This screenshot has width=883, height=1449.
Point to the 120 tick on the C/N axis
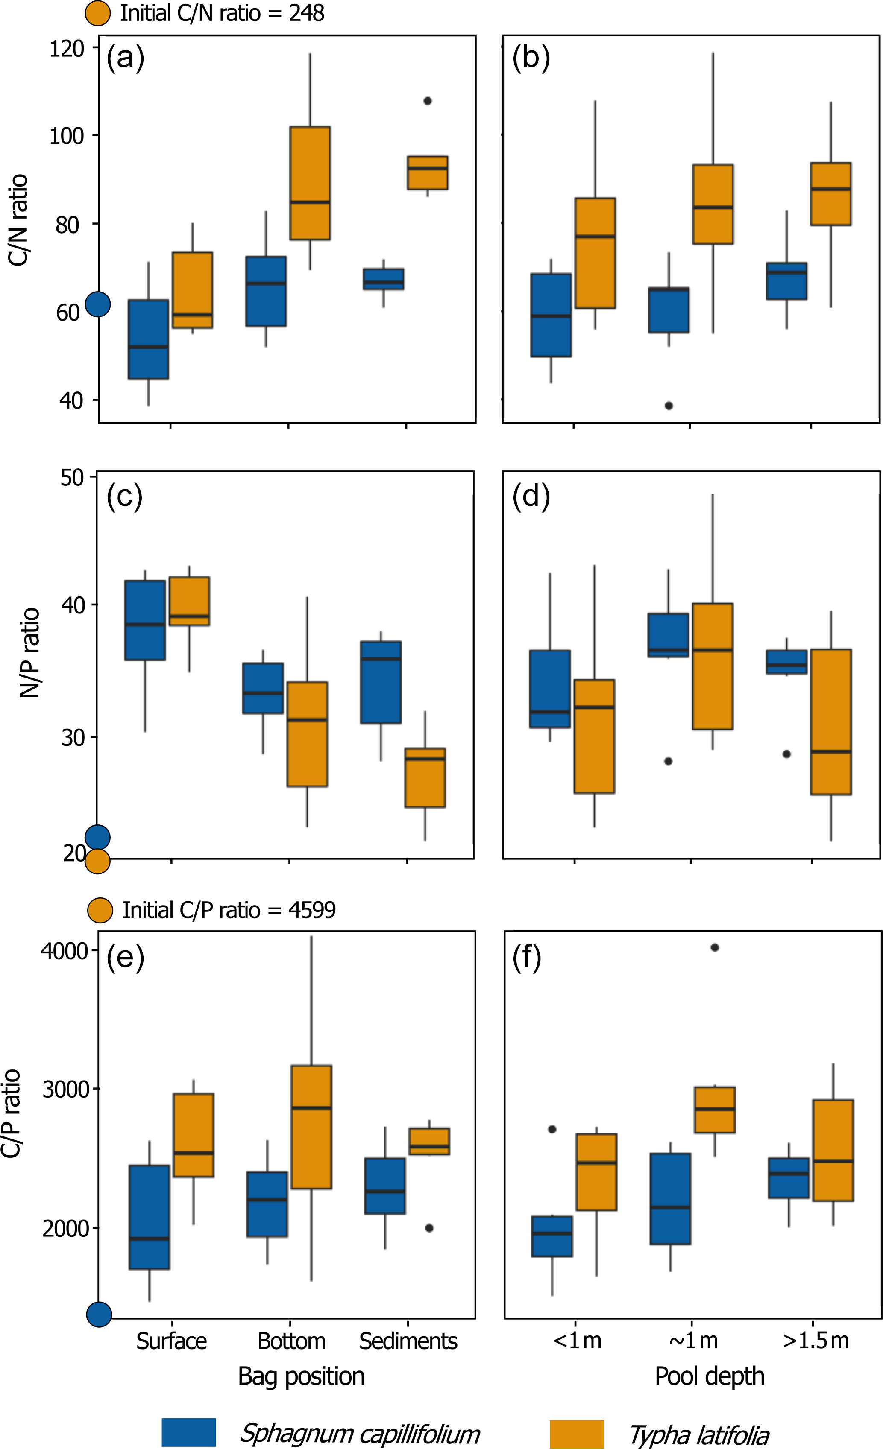point(67,48)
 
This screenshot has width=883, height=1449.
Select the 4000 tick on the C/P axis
point(64,951)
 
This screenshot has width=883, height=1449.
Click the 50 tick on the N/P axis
point(72,477)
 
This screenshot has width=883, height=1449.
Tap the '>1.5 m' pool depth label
point(816,1341)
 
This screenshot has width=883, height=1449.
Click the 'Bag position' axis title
point(301,1377)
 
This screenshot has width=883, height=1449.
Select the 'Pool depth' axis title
point(710,1377)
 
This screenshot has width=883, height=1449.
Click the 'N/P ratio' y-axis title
point(29,653)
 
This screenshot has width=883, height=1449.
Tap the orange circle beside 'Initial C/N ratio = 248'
point(98,13)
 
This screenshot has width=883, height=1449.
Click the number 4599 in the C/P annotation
point(312,910)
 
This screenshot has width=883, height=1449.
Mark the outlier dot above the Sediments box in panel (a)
point(428,101)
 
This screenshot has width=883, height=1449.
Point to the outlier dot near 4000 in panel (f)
point(715,947)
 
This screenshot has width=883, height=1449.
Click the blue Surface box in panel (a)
point(148,339)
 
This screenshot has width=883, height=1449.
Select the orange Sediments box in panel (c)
point(425,777)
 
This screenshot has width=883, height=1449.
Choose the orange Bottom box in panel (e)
point(311,1127)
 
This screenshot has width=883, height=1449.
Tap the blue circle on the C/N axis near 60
point(98,304)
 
